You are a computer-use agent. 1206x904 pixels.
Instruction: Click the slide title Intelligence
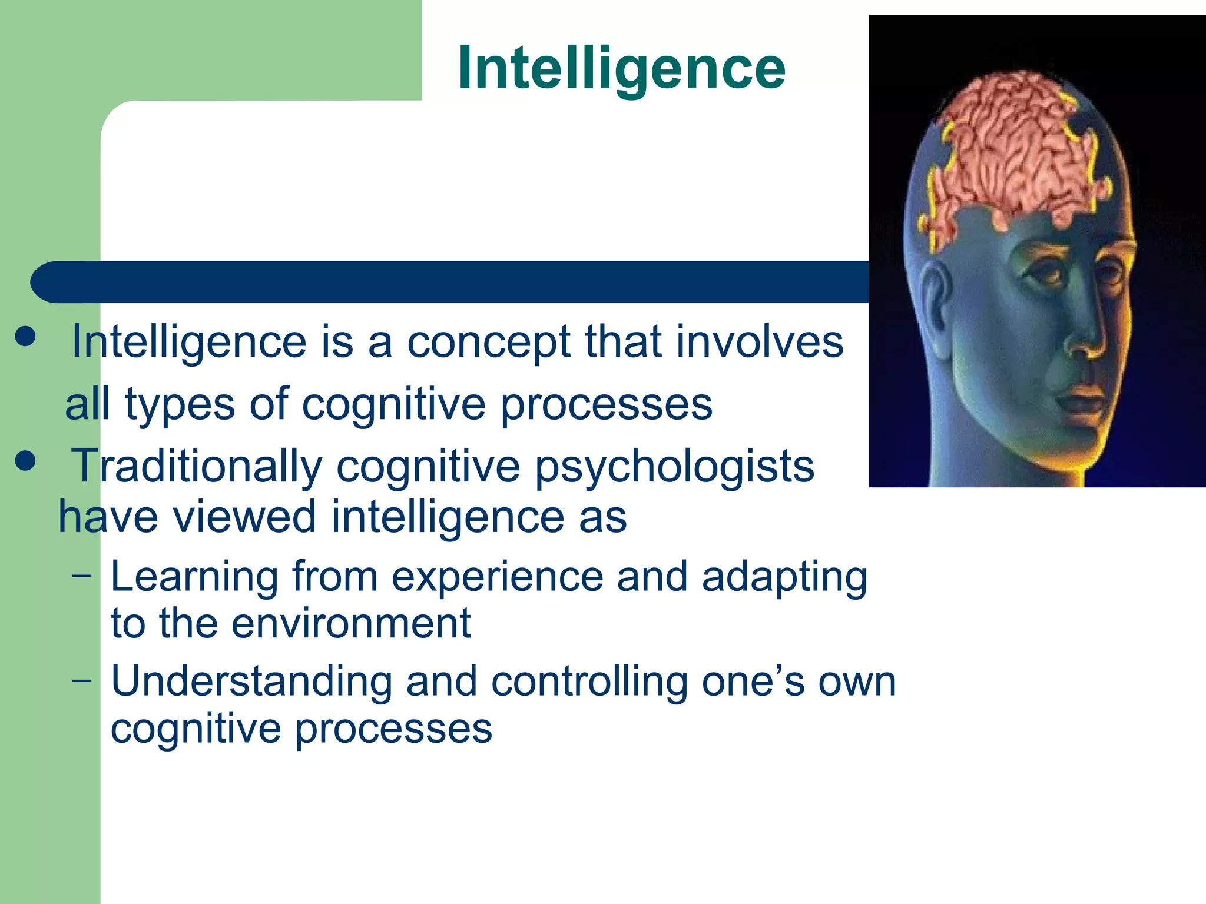[621, 68]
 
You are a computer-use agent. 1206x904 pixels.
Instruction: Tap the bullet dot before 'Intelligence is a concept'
[25, 337]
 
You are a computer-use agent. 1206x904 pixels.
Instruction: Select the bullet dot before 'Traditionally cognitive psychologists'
[25, 461]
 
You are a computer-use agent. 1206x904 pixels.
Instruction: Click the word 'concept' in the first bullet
[488, 343]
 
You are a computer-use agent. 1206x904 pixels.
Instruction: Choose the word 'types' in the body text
[180, 405]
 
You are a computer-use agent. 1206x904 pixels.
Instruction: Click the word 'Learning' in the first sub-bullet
[194, 577]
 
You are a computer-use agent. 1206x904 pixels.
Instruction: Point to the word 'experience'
[498, 577]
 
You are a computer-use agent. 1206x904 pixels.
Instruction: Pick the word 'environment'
[351, 623]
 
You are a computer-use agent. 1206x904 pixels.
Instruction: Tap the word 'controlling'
[589, 682]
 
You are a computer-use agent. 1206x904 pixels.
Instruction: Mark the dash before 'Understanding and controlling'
[82, 680]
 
